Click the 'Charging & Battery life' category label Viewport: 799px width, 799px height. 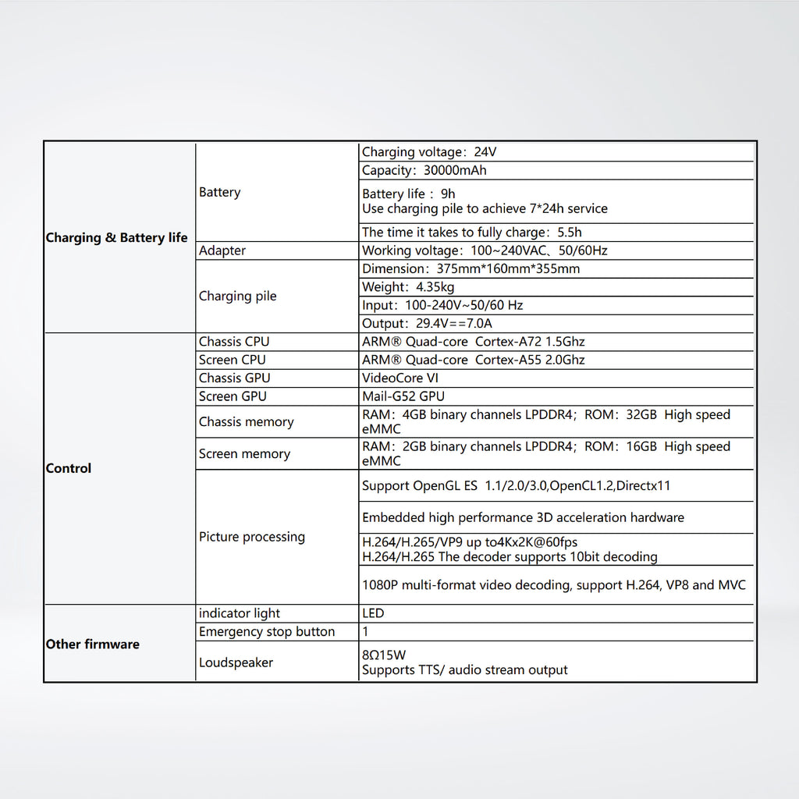[x=116, y=238]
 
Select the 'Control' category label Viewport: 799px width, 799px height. [x=69, y=468]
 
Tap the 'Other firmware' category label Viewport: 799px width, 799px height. [x=92, y=644]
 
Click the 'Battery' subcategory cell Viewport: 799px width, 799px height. [x=219, y=192]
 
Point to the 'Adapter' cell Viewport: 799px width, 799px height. [x=222, y=250]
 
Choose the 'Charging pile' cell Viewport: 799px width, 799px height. [x=237, y=296]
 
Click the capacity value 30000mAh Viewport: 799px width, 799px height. [x=455, y=170]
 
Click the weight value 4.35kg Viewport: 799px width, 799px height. [x=435, y=287]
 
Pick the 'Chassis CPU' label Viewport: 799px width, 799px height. [x=234, y=342]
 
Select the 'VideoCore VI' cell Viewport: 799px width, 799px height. [x=400, y=378]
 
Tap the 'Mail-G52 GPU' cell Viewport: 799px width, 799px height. [x=403, y=396]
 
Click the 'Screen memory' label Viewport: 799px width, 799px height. [x=244, y=453]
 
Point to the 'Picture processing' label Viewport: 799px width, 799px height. [x=251, y=537]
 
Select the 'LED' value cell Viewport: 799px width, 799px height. [x=373, y=613]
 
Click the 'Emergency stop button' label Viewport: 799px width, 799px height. [x=267, y=631]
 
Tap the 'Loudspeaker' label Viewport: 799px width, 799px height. [x=236, y=662]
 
